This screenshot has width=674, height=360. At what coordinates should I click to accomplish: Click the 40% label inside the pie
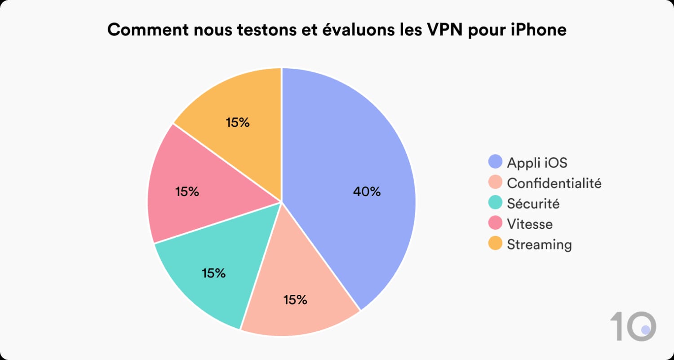pyautogui.click(x=367, y=192)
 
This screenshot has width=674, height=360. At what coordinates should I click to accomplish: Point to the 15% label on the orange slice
pyautogui.click(x=238, y=122)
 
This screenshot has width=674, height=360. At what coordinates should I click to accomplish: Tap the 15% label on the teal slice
pyautogui.click(x=213, y=273)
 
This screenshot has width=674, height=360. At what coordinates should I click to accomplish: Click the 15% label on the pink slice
pyautogui.click(x=187, y=192)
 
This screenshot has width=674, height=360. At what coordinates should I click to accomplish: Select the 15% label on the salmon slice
pyautogui.click(x=295, y=300)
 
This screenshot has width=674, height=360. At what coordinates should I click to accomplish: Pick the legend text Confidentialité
pyautogui.click(x=554, y=183)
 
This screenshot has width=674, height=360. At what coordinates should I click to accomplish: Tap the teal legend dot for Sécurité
pyautogui.click(x=495, y=203)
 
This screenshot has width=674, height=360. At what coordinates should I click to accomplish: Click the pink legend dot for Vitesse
pyautogui.click(x=495, y=223)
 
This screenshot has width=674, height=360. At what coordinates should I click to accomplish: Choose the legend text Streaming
pyautogui.click(x=539, y=244)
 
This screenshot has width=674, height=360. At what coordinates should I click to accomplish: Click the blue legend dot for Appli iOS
pyautogui.click(x=495, y=162)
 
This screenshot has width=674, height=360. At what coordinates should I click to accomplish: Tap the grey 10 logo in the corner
pyautogui.click(x=633, y=326)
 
